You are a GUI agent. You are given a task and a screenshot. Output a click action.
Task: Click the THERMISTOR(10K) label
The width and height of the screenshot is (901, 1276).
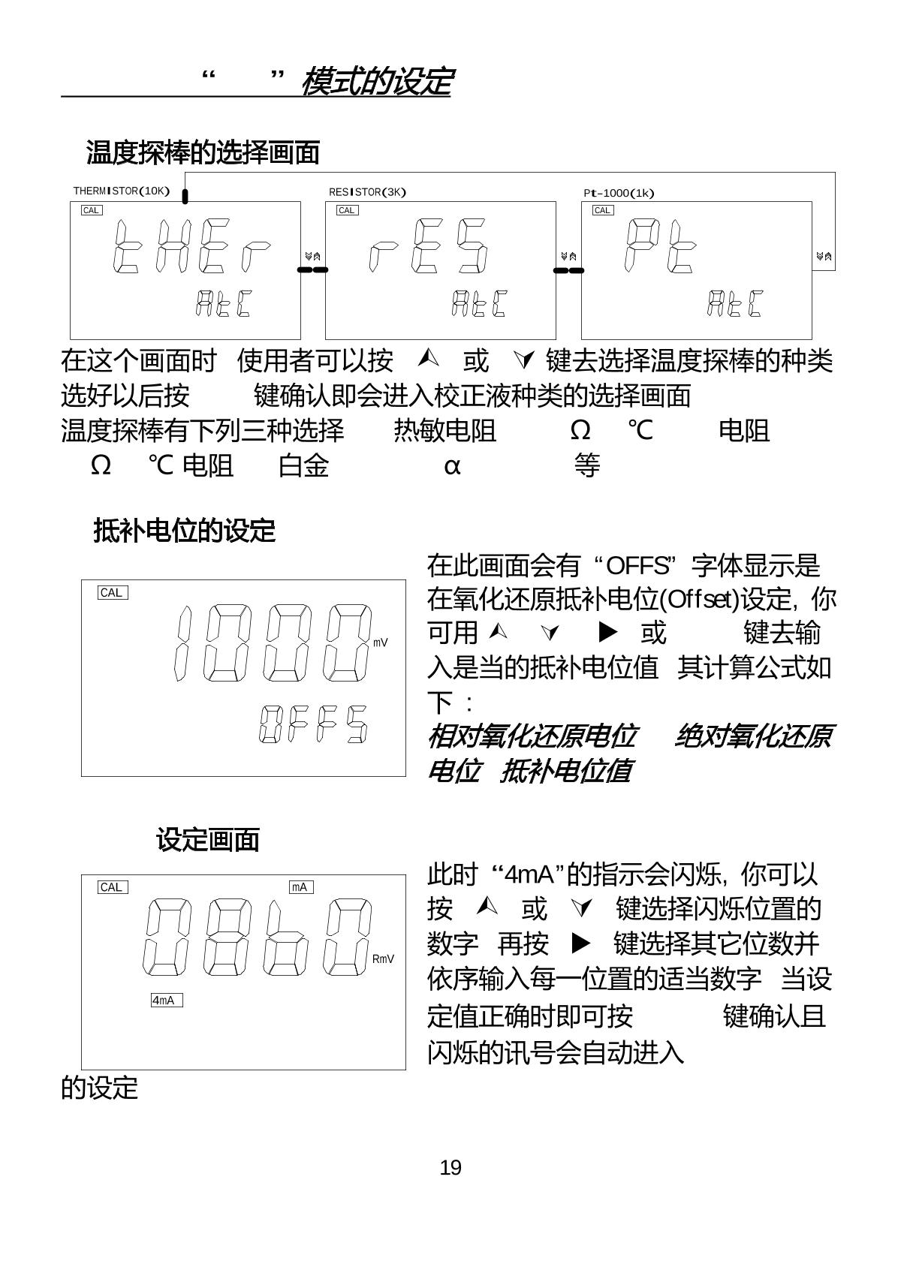(x=121, y=191)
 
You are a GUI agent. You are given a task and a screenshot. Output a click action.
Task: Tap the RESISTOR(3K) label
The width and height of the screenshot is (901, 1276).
(x=367, y=192)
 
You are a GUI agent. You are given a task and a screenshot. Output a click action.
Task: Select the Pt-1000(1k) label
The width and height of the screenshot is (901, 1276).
(x=619, y=193)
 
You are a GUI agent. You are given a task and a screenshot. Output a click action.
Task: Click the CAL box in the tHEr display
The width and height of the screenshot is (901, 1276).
(x=92, y=210)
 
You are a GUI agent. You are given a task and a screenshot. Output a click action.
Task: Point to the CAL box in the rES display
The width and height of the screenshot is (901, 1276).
(x=347, y=210)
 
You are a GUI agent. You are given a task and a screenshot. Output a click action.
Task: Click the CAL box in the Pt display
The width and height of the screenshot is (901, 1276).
(x=602, y=210)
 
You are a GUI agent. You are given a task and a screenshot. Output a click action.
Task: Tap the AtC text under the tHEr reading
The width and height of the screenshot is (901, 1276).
(x=222, y=303)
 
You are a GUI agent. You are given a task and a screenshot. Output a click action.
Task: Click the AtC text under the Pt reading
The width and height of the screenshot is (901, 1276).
(x=734, y=303)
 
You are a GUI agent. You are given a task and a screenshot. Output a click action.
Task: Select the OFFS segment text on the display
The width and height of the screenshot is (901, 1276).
(x=313, y=724)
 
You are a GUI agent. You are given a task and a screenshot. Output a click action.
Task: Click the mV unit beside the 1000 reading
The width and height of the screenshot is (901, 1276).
(x=381, y=643)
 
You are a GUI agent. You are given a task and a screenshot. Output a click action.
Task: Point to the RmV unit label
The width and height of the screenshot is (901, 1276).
(x=383, y=959)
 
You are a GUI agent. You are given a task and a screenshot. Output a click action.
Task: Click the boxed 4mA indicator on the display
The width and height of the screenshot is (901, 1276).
(x=166, y=1001)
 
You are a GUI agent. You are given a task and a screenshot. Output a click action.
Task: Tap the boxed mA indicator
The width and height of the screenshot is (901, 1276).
(x=300, y=887)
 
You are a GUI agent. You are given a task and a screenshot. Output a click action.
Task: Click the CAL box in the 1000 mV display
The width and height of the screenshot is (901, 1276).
(x=113, y=593)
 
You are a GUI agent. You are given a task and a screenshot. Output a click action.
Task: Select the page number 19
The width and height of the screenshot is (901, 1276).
(x=450, y=1168)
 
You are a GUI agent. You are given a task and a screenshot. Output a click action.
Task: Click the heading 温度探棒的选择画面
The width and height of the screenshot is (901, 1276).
(x=203, y=152)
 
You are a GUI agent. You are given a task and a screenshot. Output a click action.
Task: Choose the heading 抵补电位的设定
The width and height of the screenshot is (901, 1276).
(x=185, y=531)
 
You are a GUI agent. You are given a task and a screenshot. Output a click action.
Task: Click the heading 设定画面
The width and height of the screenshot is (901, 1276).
(x=207, y=840)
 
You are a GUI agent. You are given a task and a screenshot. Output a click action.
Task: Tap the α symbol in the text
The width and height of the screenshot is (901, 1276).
(x=451, y=466)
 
